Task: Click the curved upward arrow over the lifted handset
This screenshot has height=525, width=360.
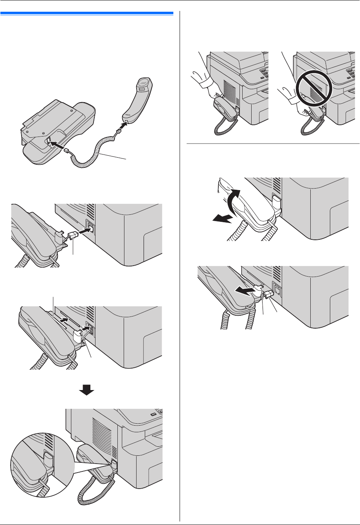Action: pyautogui.click(x=232, y=202)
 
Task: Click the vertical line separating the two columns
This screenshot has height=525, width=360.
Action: pyautogui.click(x=180, y=266)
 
